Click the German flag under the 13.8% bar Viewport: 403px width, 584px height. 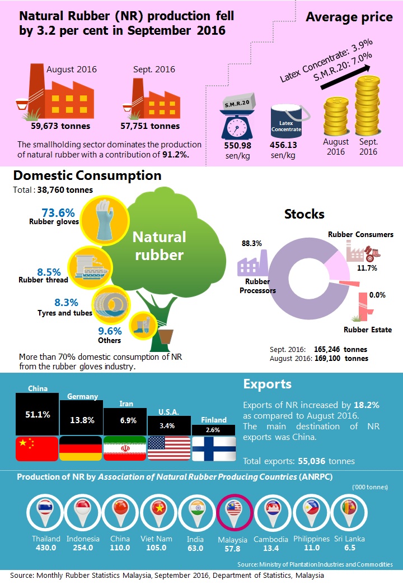click(81, 448)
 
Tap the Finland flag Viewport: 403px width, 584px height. click(214, 448)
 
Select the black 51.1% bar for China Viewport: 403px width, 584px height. click(37, 414)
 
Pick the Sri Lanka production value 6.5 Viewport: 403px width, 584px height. click(350, 548)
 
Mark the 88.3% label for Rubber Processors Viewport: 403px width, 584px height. click(251, 244)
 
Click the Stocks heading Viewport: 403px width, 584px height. click(304, 214)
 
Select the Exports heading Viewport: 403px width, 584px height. click(267, 384)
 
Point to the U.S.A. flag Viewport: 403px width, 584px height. click(169, 448)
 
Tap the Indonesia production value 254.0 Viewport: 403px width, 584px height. click(83, 548)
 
